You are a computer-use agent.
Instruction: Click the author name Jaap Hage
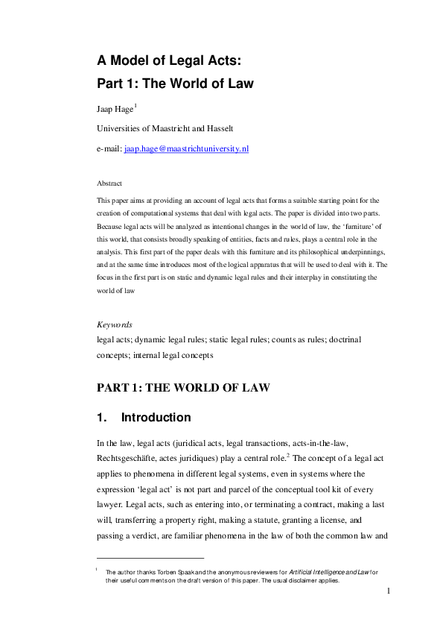click(115, 110)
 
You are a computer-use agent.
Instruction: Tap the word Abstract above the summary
click(109, 183)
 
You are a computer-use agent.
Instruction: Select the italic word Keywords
click(116, 325)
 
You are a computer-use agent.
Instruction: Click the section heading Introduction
click(156, 418)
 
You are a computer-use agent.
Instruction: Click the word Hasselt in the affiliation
click(223, 129)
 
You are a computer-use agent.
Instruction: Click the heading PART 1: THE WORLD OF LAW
click(183, 388)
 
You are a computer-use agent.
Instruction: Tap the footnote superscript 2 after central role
click(289, 455)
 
